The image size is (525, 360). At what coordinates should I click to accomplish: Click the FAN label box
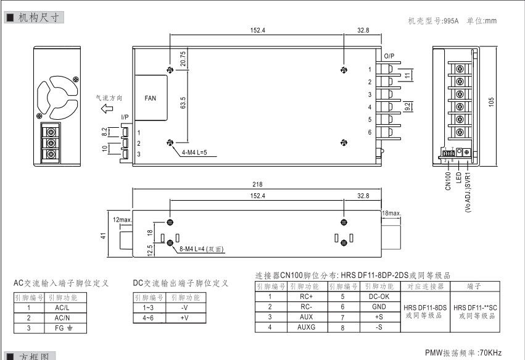(151, 98)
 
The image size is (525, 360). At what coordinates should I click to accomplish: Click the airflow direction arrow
(107, 109)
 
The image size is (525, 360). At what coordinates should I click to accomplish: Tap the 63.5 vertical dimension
(183, 102)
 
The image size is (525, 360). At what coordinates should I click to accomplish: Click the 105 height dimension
(492, 99)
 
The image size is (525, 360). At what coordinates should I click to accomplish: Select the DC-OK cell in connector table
(374, 296)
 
